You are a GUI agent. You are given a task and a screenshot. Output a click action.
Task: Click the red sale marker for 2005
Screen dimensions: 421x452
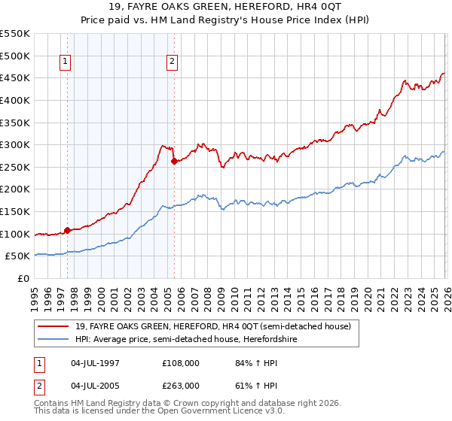[174, 161]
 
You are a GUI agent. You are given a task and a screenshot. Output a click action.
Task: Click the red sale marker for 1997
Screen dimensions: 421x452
[67, 230]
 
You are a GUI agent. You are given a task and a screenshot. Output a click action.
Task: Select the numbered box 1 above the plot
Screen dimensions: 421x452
[66, 62]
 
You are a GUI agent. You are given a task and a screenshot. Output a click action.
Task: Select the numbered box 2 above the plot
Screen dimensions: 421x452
[173, 62]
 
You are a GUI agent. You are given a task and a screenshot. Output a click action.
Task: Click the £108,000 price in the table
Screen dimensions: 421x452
[181, 363]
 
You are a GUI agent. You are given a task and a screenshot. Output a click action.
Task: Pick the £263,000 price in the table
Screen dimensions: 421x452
[181, 386]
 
